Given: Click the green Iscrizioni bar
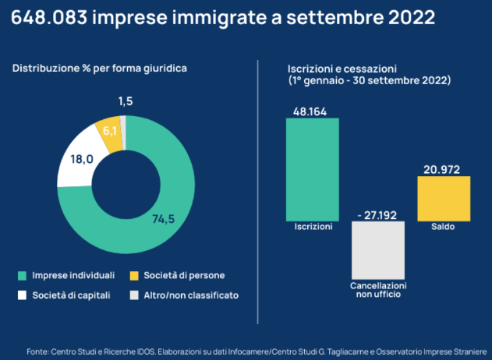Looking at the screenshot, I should coord(312,169).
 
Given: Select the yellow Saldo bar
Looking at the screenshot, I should coord(444,199).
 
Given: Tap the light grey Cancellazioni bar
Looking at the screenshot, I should coord(378,249).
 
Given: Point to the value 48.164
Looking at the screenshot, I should coord(312,111).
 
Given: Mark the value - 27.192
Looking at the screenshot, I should coord(378,213).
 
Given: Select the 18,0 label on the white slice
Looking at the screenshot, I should coord(82,159).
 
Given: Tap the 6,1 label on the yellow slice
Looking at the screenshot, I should coord(110,130).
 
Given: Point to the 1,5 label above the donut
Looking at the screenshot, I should coord(125,101).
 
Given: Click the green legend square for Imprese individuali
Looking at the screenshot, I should coord(22,276).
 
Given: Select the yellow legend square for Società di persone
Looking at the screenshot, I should coord(134,276).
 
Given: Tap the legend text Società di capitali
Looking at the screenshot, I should coord(71,295).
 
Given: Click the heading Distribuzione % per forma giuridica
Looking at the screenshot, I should coord(99,69).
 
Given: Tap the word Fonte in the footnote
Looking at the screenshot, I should coord(39,351).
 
